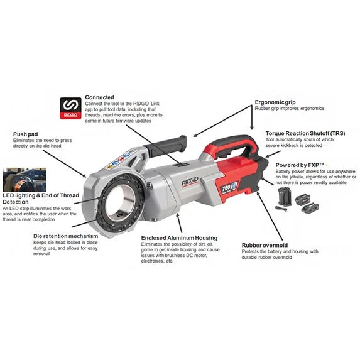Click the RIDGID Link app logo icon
point(71,108)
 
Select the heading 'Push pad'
point(26,134)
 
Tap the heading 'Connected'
point(99,97)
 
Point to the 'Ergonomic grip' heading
point(275,102)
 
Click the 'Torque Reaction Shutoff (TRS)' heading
point(305,133)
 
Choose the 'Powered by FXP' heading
point(300,165)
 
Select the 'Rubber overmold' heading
point(265,245)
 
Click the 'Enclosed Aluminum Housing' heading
point(179,238)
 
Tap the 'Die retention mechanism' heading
point(66,236)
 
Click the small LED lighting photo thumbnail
point(25,180)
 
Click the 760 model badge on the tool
point(229,187)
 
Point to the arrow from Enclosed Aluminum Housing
point(179,223)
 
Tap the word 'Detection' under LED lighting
point(16,202)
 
